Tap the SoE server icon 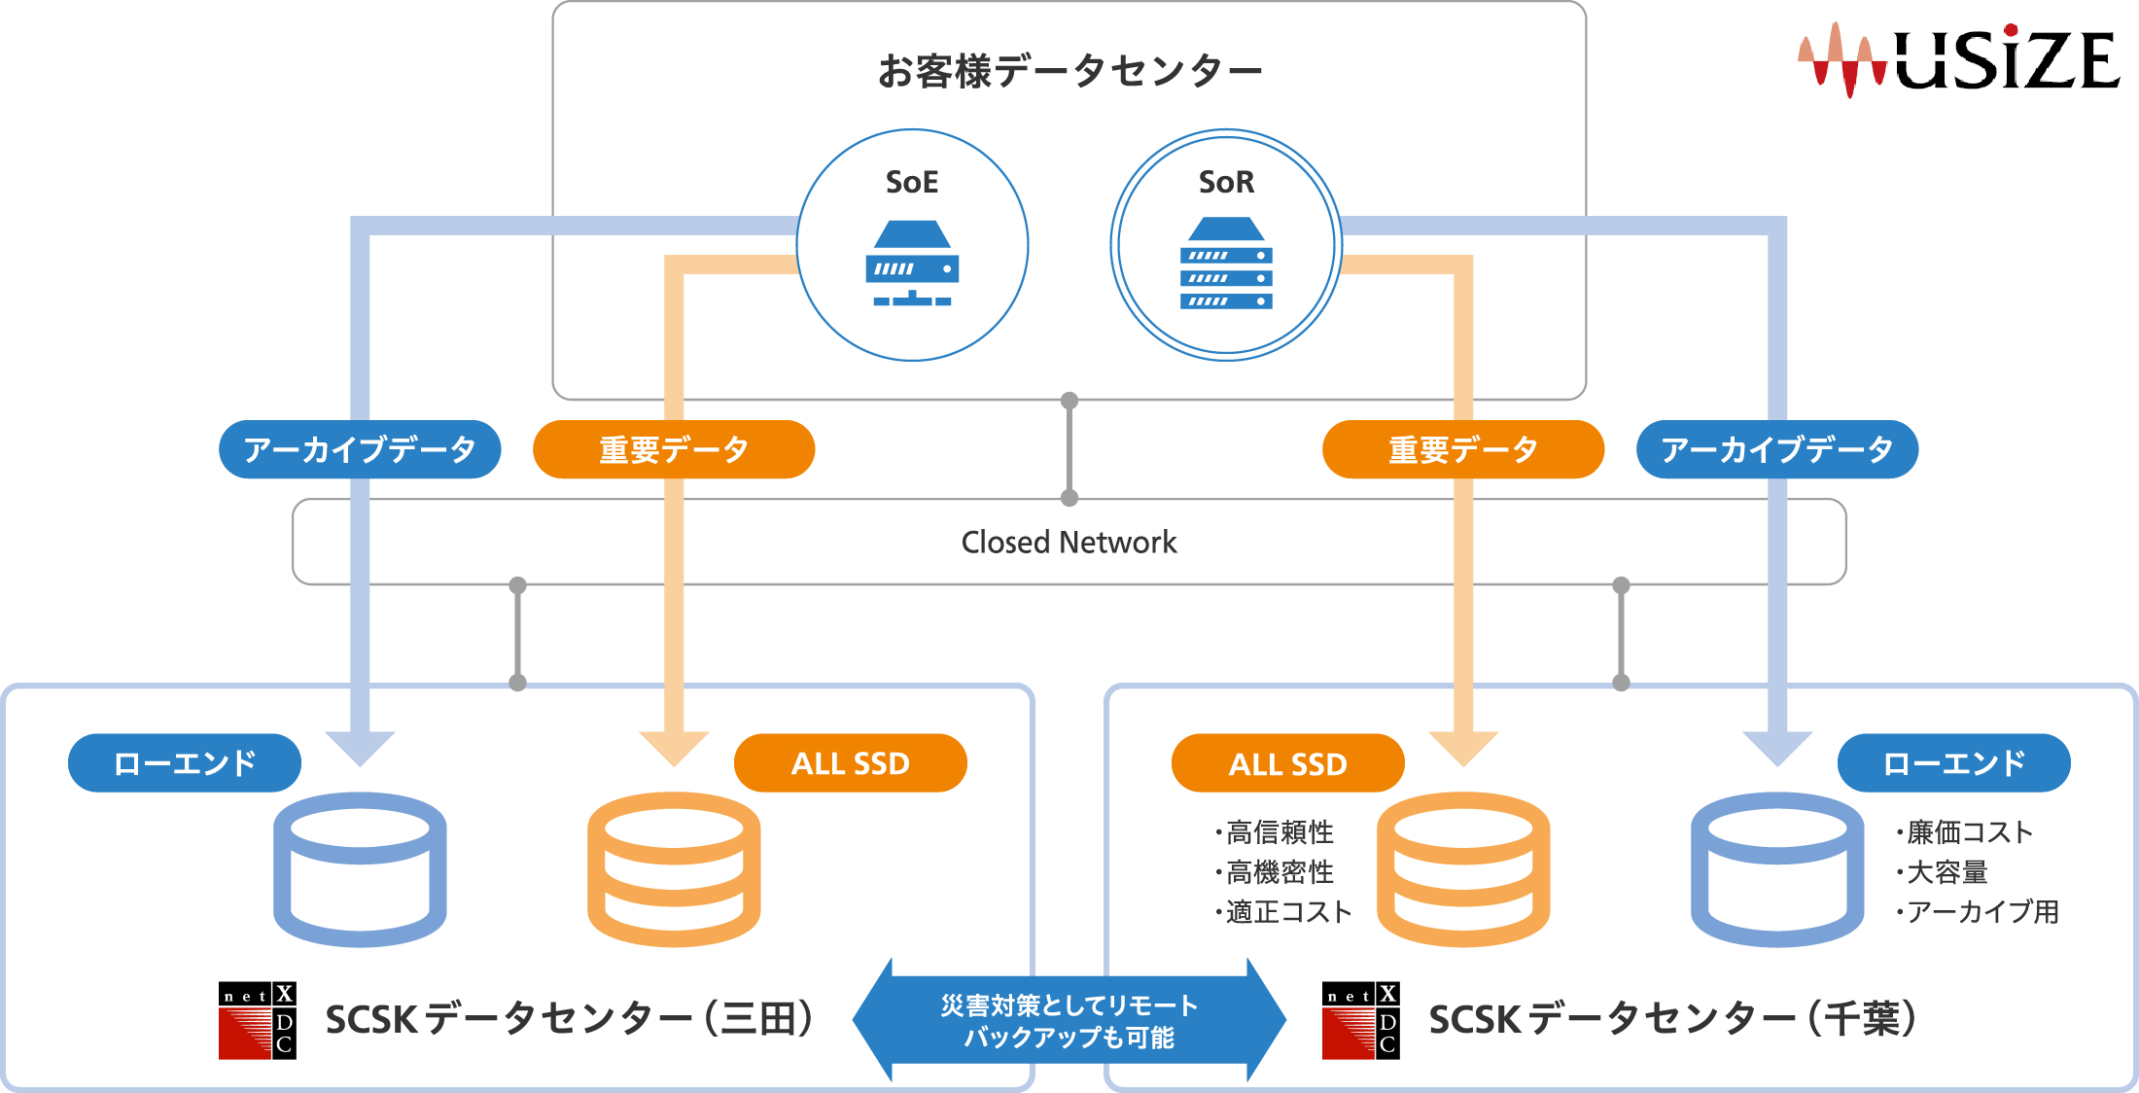click(912, 264)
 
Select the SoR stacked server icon click(1226, 264)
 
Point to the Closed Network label click(1069, 543)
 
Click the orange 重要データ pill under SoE click(674, 449)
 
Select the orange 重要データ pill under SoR click(1462, 449)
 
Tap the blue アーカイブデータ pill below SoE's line click(360, 449)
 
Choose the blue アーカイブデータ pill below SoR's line click(1776, 449)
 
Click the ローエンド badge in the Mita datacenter click(185, 763)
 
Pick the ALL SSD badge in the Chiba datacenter click(1287, 764)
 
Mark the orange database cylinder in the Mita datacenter click(674, 868)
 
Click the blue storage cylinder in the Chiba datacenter click(1776, 868)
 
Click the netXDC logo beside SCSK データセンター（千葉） click(1360, 1020)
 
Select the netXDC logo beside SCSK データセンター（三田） click(258, 1020)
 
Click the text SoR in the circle click(1226, 182)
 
